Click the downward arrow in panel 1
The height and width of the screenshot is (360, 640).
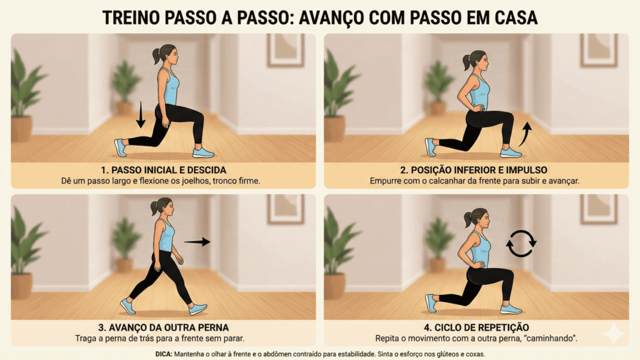141,115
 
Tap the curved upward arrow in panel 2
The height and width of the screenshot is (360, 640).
526,133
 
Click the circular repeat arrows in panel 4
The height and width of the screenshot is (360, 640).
521,244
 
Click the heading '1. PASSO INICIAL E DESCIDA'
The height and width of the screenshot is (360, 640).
164,170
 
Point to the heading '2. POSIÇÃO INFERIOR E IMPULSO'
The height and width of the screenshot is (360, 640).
476,170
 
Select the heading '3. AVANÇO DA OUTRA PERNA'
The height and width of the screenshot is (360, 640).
164,327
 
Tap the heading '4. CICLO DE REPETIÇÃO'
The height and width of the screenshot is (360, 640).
476,327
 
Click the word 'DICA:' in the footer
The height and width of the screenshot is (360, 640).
166,354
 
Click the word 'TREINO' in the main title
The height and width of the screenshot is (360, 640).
137,17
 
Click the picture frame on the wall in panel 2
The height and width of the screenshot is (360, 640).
598,50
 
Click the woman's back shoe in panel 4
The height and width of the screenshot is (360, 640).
431,302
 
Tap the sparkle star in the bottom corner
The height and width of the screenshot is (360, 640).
613,334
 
